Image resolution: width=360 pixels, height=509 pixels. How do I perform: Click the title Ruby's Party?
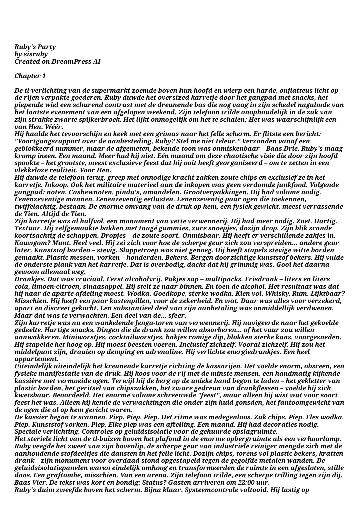pos(35,47)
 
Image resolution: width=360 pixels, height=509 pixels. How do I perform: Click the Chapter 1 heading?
pos(30,76)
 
